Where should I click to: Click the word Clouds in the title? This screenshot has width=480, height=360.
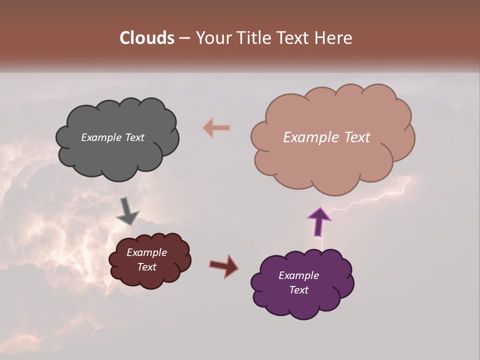147,38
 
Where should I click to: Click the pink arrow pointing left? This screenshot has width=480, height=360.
216,128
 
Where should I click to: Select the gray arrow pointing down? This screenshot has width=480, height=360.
127,211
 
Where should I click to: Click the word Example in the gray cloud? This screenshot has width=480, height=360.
100,137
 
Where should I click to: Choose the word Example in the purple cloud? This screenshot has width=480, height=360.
298,275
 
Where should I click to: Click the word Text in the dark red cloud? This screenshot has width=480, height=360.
146,267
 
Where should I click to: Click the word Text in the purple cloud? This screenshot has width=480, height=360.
298,290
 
